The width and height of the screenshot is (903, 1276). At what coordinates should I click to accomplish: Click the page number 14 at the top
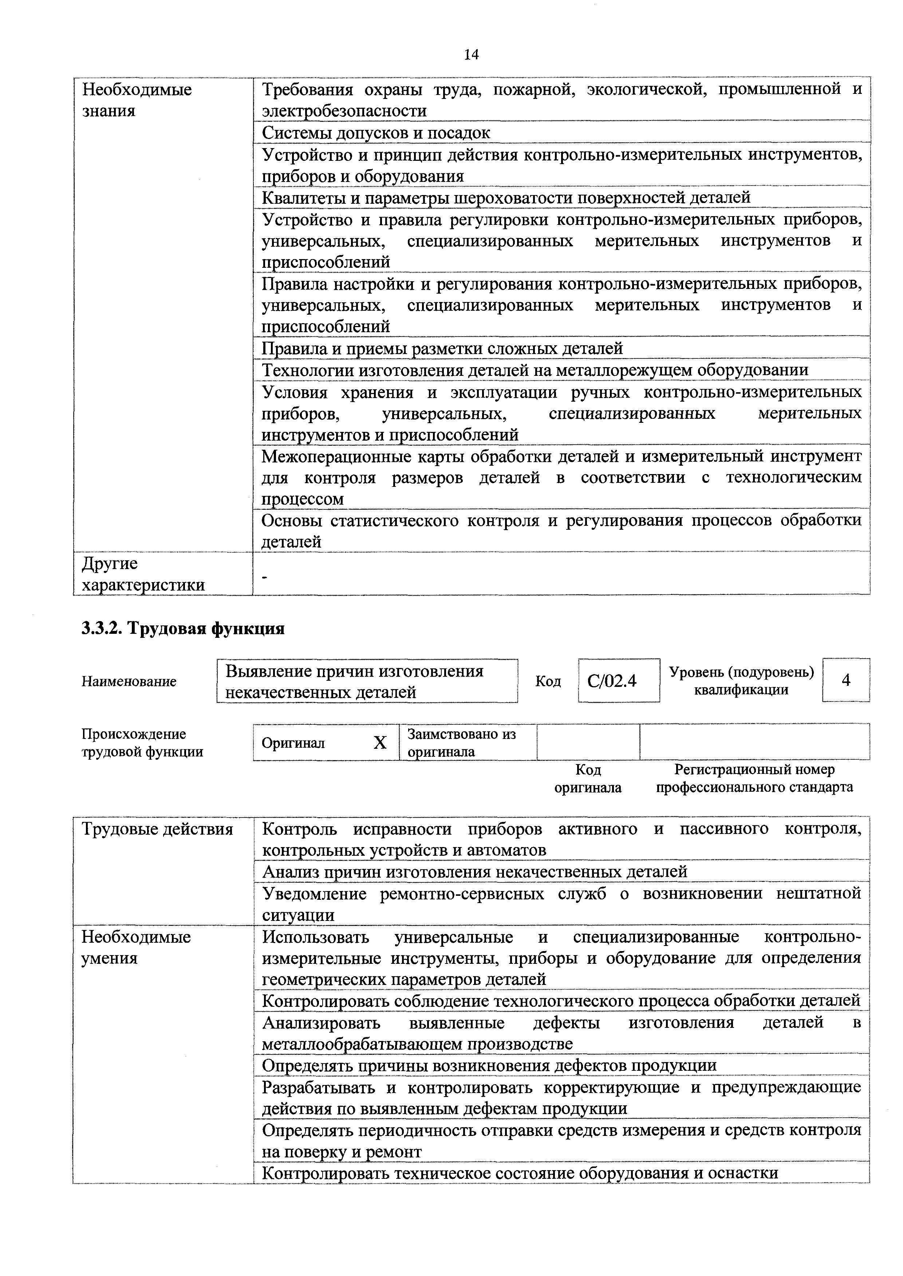pos(471,55)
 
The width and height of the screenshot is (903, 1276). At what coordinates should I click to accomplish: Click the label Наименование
pos(129,681)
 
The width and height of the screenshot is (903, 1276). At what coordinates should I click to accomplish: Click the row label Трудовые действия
pos(157,829)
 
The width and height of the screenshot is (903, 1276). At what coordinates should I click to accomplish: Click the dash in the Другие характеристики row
pos(265,579)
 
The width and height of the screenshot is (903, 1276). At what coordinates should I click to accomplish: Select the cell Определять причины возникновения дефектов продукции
pos(489,1065)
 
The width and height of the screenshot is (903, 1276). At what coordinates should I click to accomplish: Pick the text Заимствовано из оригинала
pos(461,743)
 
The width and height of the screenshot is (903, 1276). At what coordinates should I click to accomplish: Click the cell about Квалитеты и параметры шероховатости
pos(506,197)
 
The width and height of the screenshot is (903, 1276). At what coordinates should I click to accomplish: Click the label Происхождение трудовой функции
pos(142,743)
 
